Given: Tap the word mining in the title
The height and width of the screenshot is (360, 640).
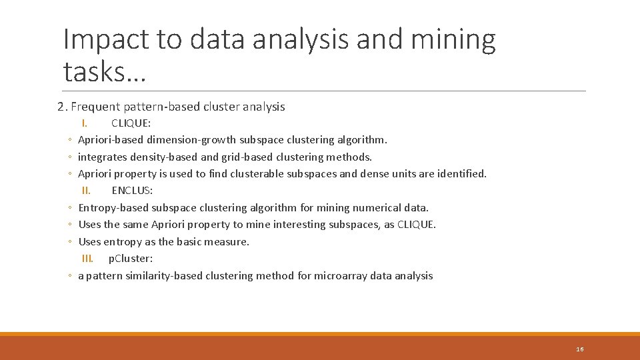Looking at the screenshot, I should click(x=453, y=40).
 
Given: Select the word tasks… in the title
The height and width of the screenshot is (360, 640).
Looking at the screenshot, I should click(x=104, y=71).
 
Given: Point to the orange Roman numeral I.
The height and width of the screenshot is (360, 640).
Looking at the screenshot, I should click(x=85, y=123).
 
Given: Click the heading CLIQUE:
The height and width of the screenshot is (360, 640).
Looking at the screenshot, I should click(x=131, y=123).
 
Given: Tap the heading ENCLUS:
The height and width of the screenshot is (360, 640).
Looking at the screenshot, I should click(x=132, y=191).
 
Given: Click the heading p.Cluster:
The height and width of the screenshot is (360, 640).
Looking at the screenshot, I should click(x=131, y=259).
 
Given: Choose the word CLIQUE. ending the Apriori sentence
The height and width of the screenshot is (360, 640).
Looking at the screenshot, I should click(x=417, y=225).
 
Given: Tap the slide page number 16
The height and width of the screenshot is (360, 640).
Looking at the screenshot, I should click(x=580, y=349).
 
